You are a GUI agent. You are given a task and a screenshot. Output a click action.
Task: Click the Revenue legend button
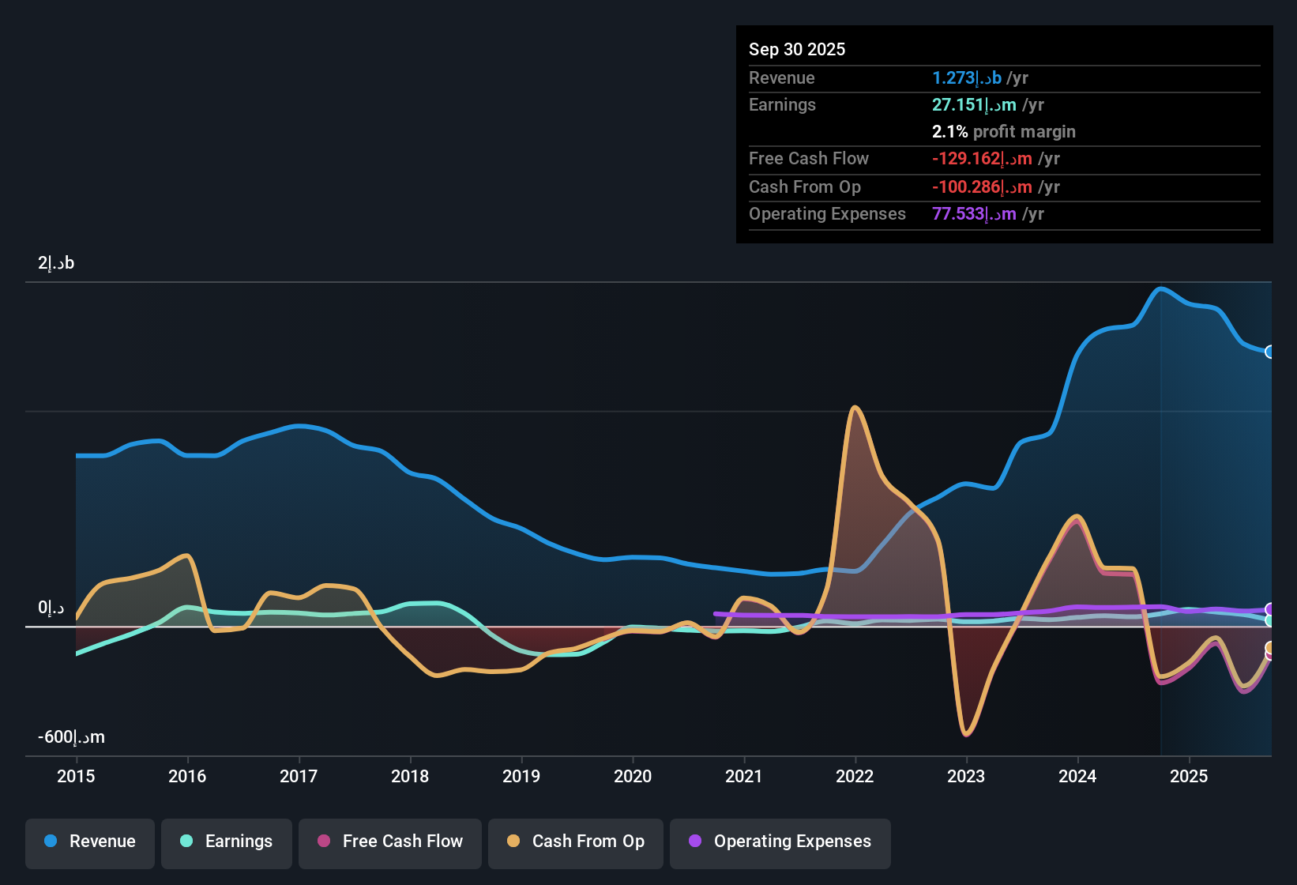[90, 842]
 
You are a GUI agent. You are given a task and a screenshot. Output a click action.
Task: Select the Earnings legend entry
[227, 842]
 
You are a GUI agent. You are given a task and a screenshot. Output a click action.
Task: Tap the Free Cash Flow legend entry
[390, 842]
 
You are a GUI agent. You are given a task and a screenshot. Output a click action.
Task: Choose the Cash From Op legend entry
[576, 842]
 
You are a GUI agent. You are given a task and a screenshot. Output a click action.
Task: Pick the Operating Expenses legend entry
[780, 842]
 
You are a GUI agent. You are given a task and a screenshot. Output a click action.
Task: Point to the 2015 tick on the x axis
[76, 776]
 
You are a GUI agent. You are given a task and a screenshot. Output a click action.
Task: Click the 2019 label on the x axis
[521, 776]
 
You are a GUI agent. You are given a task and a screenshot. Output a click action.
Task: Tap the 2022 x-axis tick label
[855, 776]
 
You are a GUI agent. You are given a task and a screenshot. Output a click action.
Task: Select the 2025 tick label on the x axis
[1189, 776]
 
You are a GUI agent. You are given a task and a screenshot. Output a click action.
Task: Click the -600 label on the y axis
[71, 737]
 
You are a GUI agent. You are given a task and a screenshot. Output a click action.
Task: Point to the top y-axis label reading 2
[56, 263]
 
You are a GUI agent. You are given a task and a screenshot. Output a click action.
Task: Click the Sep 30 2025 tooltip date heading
[796, 50]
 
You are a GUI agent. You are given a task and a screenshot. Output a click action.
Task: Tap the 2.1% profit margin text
[1003, 132]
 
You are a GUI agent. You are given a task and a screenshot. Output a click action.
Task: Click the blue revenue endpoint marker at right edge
[1269, 352]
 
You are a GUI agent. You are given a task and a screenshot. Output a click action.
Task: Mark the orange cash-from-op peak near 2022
[855, 409]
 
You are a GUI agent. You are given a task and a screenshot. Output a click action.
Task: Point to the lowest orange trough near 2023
[967, 734]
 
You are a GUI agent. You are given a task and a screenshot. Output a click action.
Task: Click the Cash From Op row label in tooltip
[804, 187]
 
